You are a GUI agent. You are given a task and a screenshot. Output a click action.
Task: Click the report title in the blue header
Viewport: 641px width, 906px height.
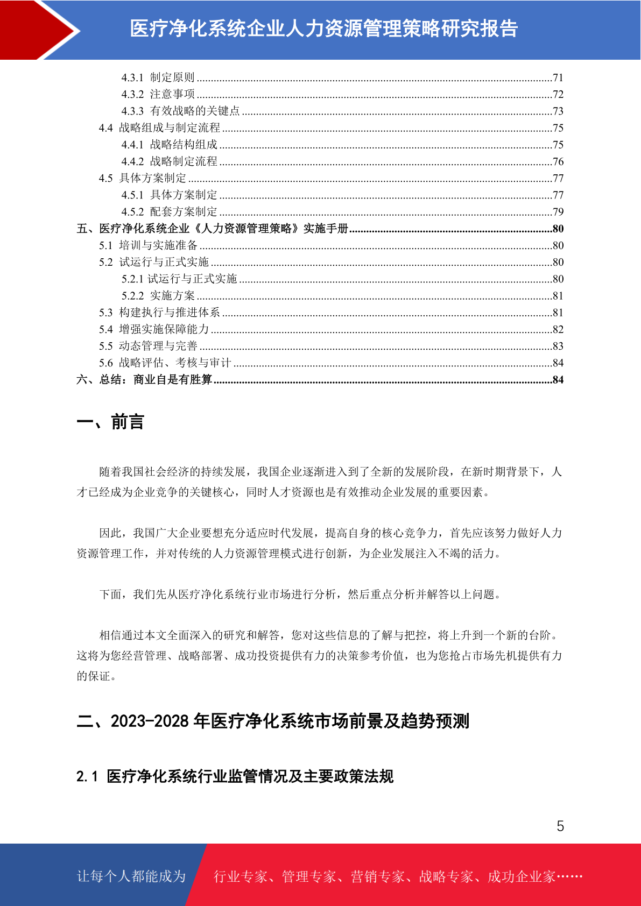click(x=323, y=29)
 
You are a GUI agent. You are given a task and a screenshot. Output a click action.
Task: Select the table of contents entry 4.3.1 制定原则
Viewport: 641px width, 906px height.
click(x=158, y=77)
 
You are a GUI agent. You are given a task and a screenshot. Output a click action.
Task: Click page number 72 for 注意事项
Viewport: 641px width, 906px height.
click(x=558, y=95)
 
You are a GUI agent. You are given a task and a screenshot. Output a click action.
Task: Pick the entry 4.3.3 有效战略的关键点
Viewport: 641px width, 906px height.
click(x=180, y=111)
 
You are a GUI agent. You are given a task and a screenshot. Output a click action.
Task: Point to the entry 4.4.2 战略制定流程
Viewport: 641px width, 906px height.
click(x=169, y=161)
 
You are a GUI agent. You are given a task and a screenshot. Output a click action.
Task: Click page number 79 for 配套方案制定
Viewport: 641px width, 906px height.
click(x=558, y=212)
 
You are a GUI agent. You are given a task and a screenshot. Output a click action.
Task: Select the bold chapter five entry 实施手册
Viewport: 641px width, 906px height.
click(x=213, y=229)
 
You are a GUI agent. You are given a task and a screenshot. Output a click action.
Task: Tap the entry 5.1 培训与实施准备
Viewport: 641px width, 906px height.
click(x=148, y=245)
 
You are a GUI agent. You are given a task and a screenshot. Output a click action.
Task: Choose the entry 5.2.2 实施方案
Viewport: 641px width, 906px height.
click(x=158, y=296)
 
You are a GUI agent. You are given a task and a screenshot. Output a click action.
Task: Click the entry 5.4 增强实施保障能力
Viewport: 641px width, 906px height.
click(x=154, y=329)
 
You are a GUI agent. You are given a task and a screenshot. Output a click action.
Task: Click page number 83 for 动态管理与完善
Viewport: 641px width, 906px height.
click(x=558, y=346)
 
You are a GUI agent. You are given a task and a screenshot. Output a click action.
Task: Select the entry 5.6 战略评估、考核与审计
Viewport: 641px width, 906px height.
click(x=165, y=363)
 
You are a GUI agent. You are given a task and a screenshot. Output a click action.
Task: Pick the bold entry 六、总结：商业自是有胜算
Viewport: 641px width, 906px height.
click(x=144, y=380)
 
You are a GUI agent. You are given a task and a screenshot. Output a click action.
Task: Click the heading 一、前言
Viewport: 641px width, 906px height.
click(x=110, y=422)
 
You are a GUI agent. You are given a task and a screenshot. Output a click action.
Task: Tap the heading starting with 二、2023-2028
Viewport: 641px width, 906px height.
click(x=273, y=721)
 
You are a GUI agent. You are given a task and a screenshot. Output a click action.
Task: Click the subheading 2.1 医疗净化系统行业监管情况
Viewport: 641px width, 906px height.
click(x=235, y=776)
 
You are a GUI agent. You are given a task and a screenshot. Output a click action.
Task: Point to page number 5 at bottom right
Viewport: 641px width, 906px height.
click(x=560, y=826)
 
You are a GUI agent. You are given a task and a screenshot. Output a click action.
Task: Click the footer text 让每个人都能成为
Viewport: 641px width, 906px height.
click(x=131, y=876)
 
